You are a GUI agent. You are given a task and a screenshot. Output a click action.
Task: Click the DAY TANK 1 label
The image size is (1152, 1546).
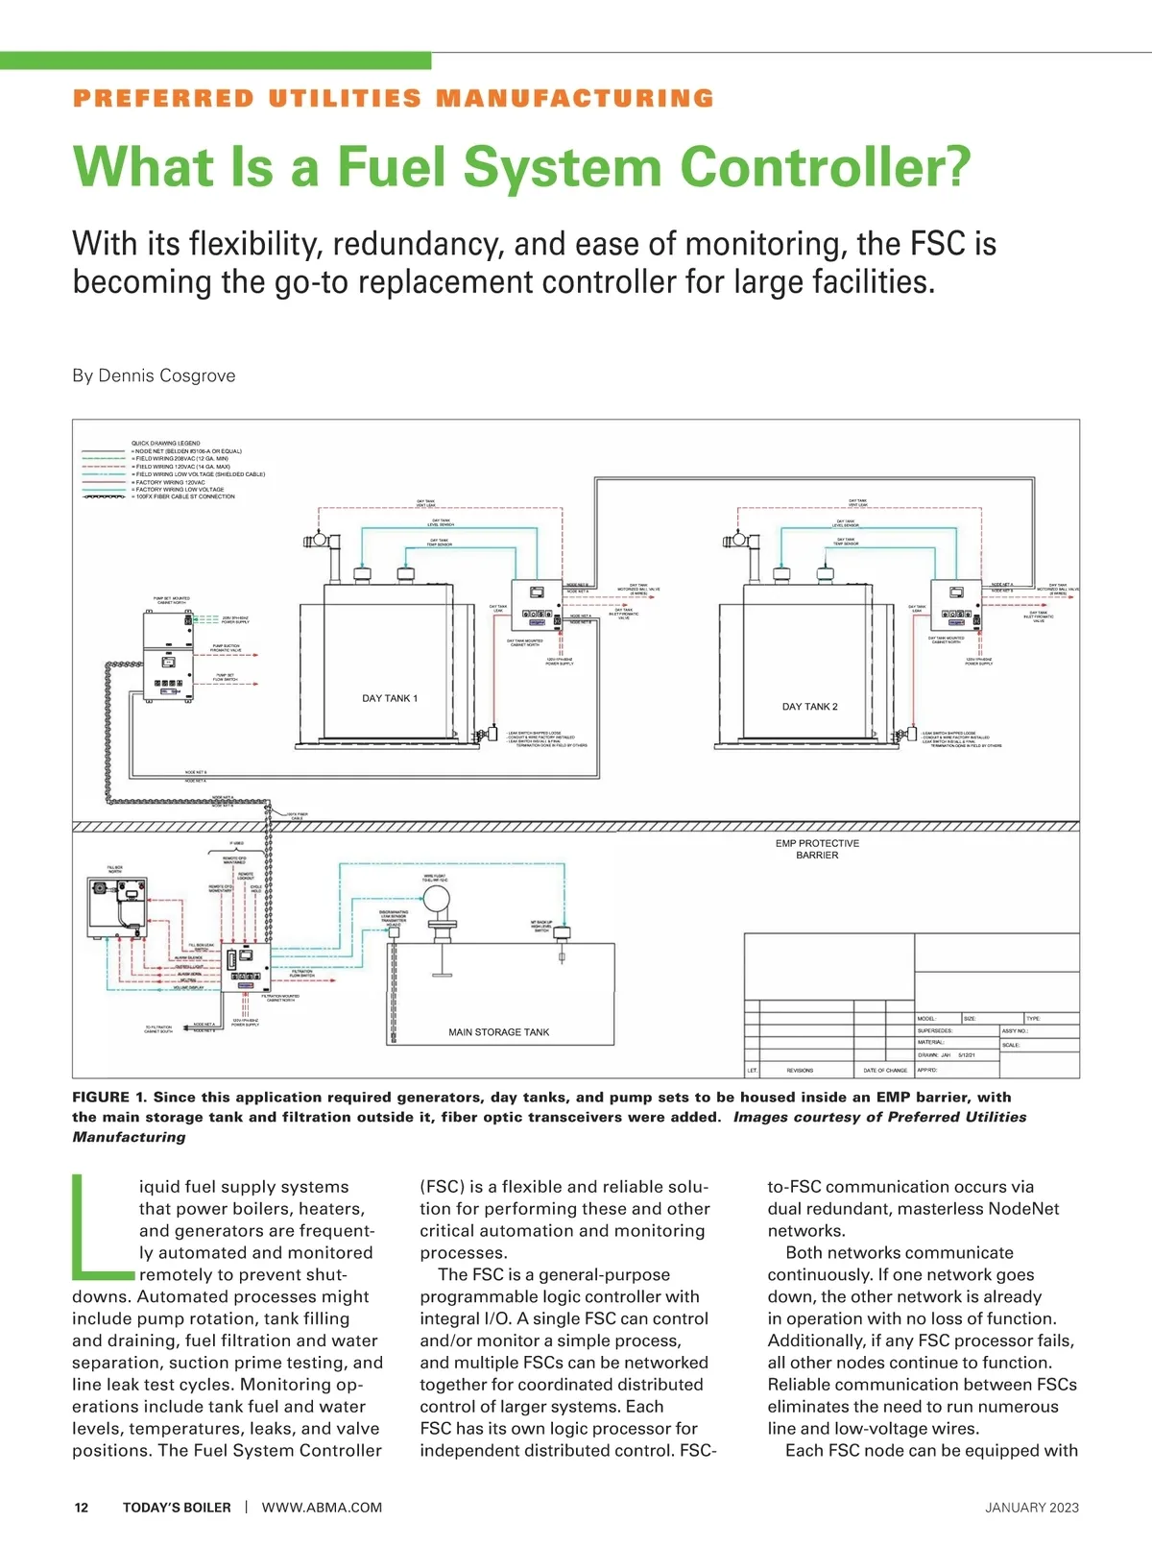(390, 698)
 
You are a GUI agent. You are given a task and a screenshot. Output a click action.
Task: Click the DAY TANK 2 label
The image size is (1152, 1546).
(809, 707)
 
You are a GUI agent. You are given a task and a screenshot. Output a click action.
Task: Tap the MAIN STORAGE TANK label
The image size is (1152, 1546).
(498, 1032)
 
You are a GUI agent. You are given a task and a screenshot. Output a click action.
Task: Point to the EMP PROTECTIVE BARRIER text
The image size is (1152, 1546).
(817, 849)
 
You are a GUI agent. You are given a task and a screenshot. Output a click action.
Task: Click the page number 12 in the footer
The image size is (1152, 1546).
(82, 1508)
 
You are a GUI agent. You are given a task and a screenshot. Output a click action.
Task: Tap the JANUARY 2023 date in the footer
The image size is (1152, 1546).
(1031, 1508)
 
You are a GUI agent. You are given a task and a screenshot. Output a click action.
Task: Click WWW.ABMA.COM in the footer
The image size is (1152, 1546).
(322, 1508)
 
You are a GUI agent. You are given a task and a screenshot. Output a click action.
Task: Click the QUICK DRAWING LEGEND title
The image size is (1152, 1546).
(166, 444)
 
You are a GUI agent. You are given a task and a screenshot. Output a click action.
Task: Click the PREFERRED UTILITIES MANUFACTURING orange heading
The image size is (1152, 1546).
(394, 98)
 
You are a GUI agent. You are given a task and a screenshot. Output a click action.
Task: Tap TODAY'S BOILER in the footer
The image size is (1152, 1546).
(177, 1508)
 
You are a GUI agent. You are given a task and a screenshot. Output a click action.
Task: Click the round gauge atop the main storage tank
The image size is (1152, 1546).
(436, 899)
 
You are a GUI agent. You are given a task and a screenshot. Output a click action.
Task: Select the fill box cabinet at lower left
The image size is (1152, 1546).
(117, 907)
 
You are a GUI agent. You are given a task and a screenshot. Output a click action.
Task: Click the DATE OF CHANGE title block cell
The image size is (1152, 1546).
(884, 1070)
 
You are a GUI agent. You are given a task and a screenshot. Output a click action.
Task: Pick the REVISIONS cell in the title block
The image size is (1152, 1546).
(800, 1070)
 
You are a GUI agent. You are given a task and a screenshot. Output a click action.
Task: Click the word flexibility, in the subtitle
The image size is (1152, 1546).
(256, 244)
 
